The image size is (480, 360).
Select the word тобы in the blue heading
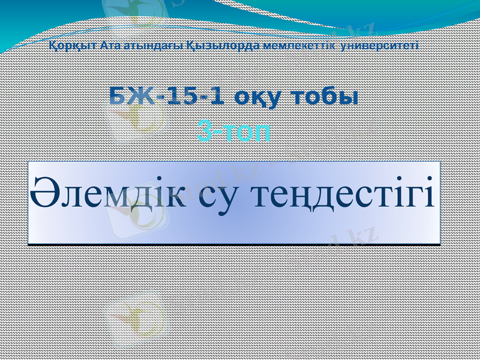[x=324, y=96]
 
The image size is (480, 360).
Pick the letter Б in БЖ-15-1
[x=118, y=96]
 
